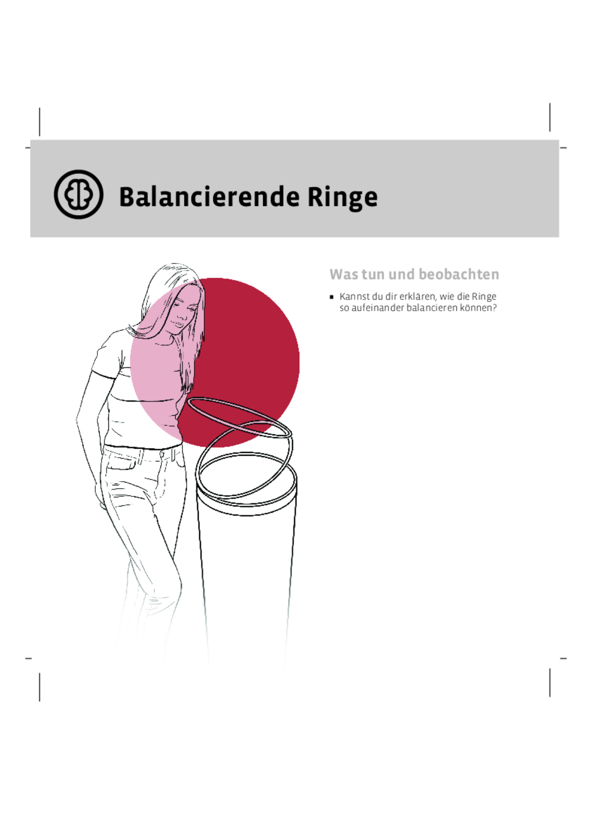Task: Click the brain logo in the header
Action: click(x=78, y=194)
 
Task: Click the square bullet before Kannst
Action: click(x=332, y=297)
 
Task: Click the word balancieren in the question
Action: click(x=432, y=308)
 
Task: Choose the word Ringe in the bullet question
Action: click(x=484, y=297)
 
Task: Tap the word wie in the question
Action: click(x=447, y=297)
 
